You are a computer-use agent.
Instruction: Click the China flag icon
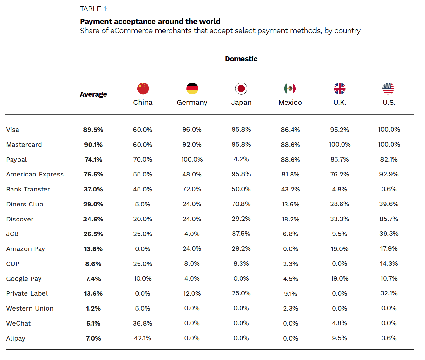(143, 89)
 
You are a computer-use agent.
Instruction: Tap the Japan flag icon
(241, 89)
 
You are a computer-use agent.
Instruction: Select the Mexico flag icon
(290, 89)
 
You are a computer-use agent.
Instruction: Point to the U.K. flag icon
(340, 89)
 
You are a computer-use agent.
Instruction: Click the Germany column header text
(192, 103)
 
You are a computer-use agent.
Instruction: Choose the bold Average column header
(93, 94)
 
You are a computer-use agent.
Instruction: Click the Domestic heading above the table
(241, 59)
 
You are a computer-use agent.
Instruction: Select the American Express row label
(35, 175)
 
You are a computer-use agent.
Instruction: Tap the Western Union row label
(30, 309)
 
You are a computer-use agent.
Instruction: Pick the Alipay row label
(16, 339)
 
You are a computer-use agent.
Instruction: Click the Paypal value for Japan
(241, 159)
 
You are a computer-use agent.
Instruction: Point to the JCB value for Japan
(241, 234)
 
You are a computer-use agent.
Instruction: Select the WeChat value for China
(143, 324)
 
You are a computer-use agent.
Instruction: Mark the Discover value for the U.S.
(389, 219)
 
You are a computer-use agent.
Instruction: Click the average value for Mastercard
(93, 145)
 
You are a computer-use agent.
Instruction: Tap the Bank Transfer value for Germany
(192, 189)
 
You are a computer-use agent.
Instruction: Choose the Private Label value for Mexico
(290, 294)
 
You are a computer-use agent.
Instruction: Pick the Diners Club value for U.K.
(340, 204)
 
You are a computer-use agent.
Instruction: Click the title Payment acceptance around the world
(150, 22)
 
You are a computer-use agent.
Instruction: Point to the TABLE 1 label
(94, 9)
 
